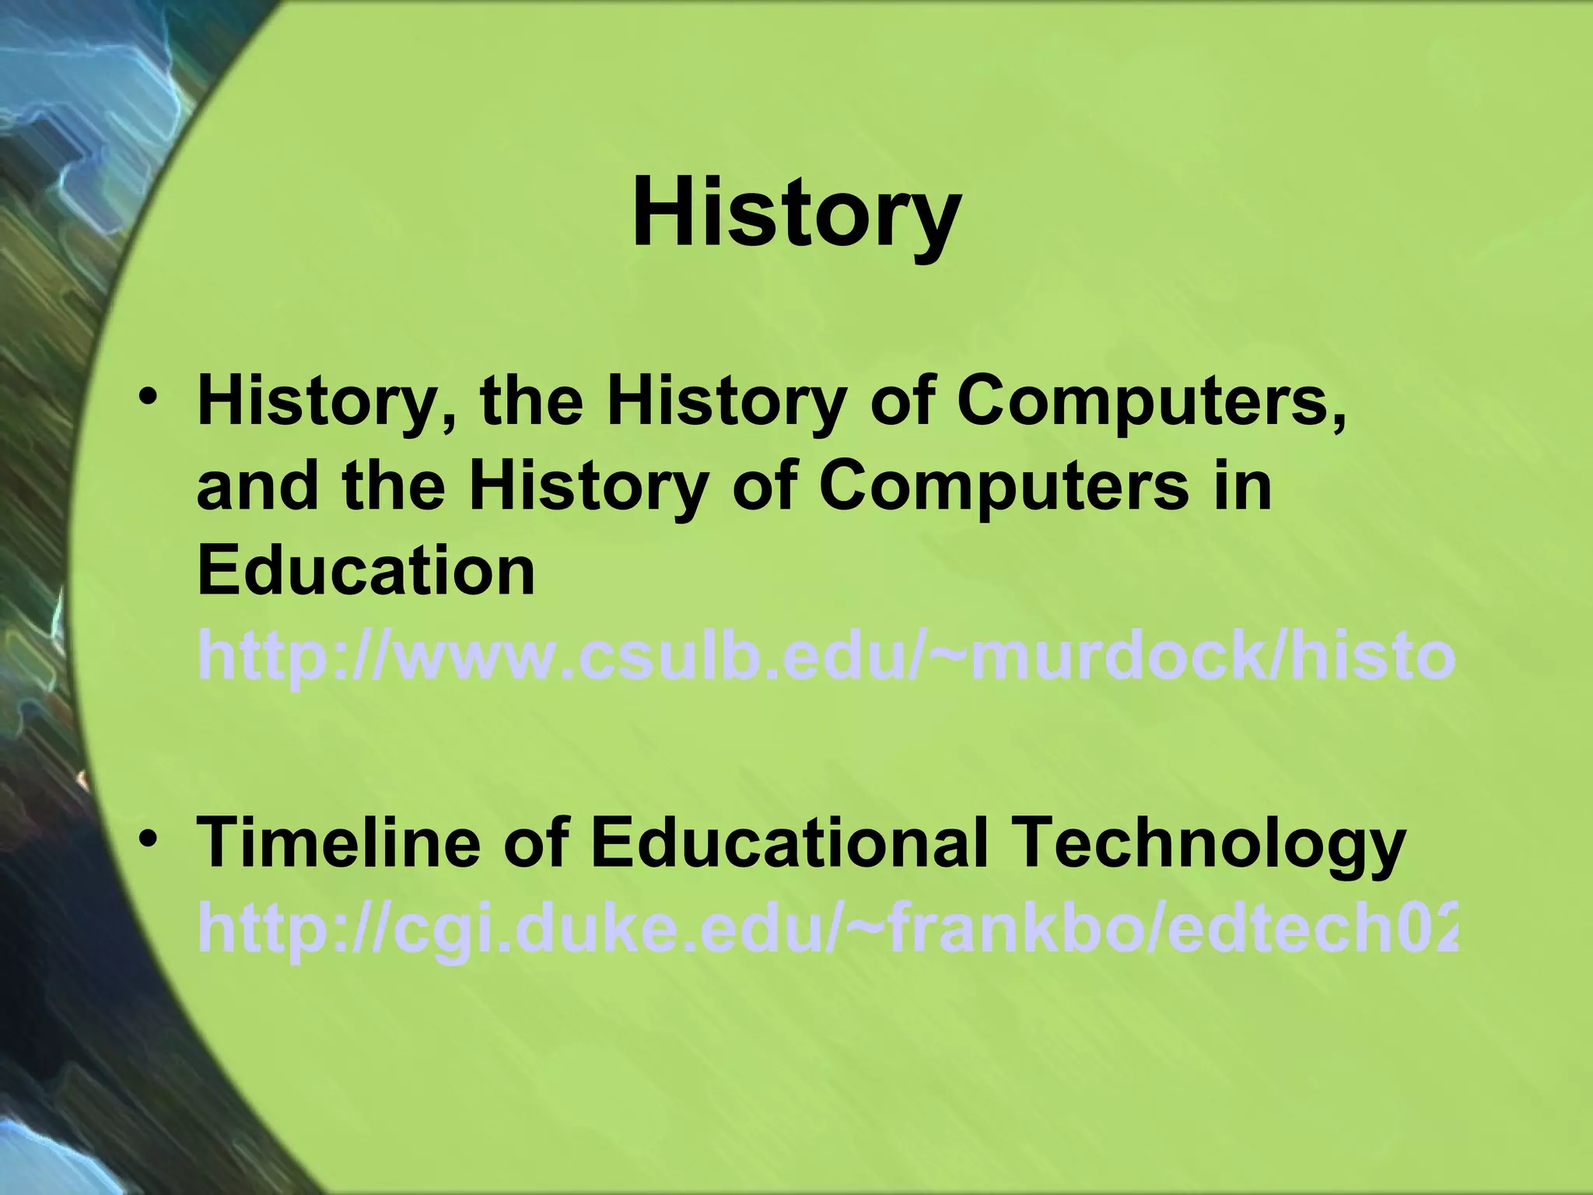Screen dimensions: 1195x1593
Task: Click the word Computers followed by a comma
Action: (1151, 402)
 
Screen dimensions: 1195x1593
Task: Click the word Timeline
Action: (339, 843)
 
